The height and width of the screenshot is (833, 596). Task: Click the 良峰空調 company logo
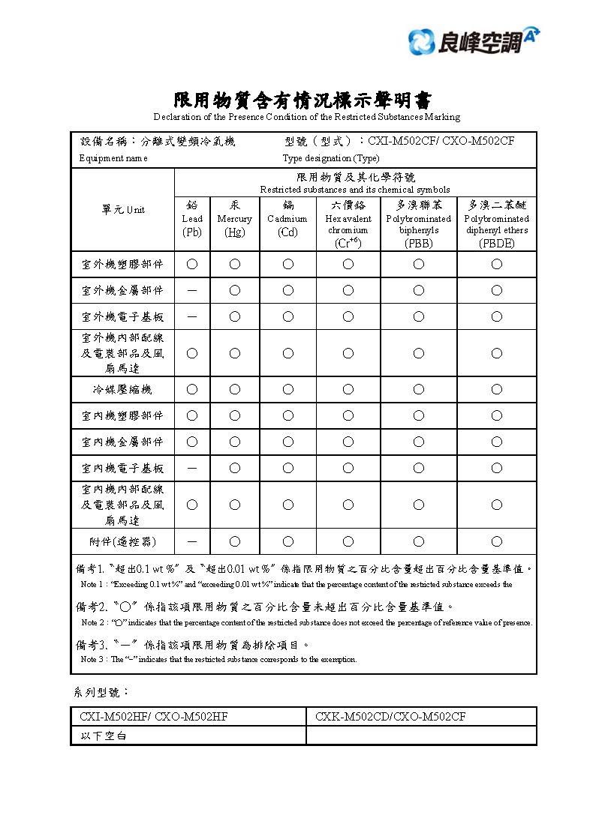click(x=474, y=39)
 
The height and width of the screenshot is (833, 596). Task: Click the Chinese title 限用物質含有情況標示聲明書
click(x=303, y=100)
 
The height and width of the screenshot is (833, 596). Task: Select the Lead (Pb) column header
click(x=192, y=218)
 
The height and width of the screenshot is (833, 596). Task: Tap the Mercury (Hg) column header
click(x=235, y=218)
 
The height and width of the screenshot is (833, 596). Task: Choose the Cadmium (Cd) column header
click(x=287, y=218)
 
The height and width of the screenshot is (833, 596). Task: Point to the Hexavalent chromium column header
click(x=348, y=223)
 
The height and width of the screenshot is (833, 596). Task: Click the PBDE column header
click(x=497, y=223)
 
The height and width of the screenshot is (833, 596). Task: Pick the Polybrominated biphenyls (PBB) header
click(x=419, y=223)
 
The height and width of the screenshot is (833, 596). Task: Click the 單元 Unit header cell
click(x=123, y=210)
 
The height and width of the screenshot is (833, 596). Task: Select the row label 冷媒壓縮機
click(x=123, y=389)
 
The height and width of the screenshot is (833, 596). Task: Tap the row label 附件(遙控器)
click(x=123, y=541)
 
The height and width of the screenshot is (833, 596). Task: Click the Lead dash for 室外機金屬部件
click(x=192, y=290)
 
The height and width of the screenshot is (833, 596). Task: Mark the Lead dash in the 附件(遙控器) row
click(x=192, y=541)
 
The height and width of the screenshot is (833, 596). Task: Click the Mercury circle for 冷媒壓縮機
click(x=235, y=389)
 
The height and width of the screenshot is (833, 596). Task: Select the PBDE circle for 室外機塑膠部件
click(x=497, y=264)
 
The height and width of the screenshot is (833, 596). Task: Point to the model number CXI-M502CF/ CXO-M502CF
click(x=441, y=141)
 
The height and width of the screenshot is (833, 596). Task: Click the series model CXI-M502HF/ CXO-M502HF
click(x=154, y=717)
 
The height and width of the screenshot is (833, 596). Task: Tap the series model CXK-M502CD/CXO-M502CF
click(x=390, y=717)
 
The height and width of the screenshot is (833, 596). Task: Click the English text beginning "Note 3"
click(x=218, y=660)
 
